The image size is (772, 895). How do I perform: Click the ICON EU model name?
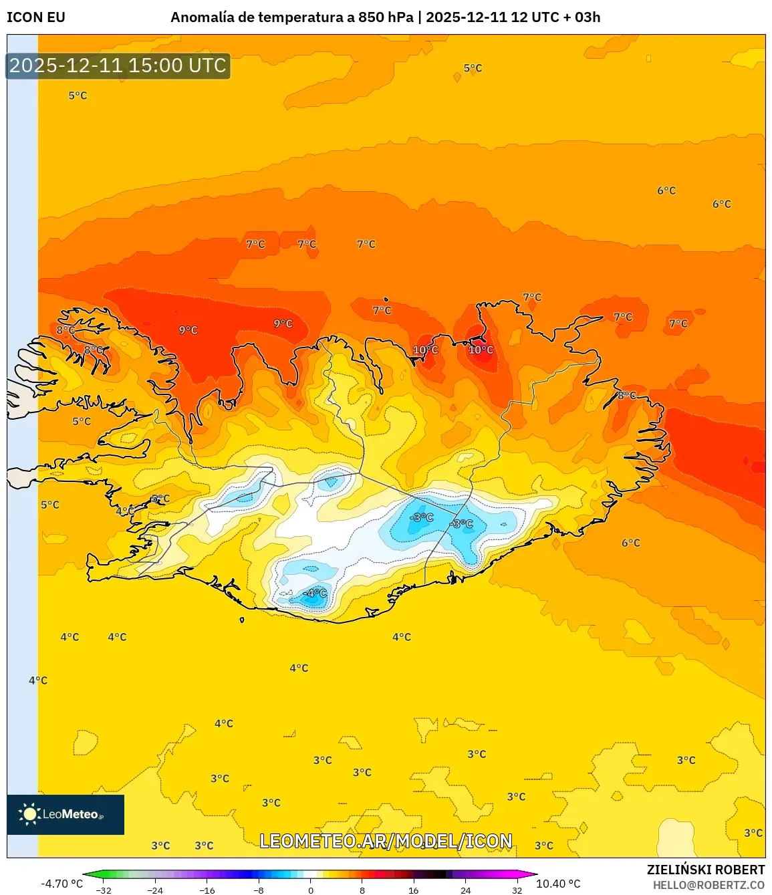(x=36, y=17)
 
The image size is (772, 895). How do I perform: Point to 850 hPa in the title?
(x=386, y=17)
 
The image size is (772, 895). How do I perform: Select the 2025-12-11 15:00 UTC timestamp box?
(x=118, y=66)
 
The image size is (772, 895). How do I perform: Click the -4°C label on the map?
(x=316, y=593)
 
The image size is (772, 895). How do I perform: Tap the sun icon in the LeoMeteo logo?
(x=29, y=814)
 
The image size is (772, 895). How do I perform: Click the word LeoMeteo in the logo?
(x=71, y=814)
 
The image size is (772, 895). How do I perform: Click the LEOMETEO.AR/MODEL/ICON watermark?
(x=386, y=841)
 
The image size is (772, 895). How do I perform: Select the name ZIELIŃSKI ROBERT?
(x=706, y=870)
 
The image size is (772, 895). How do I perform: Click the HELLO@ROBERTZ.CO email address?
(x=709, y=885)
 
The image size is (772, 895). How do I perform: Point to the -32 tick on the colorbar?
(x=104, y=890)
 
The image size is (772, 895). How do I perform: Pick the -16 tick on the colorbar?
(x=207, y=890)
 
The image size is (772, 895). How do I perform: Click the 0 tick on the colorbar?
(x=310, y=890)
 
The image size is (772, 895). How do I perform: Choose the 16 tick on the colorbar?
(x=414, y=890)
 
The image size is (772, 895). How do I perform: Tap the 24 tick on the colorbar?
(x=465, y=890)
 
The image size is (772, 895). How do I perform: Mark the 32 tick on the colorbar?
(x=517, y=890)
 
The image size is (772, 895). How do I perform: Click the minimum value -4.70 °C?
(x=62, y=884)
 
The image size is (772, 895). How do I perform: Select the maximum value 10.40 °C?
(x=558, y=884)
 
